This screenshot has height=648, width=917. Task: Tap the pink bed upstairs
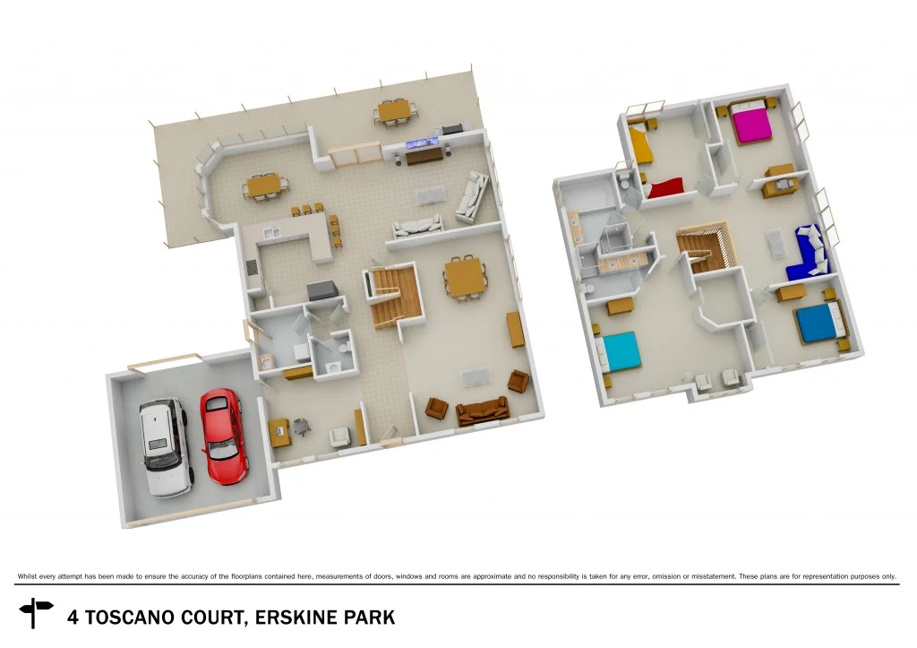coord(750,123)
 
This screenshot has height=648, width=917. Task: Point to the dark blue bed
coord(818,323)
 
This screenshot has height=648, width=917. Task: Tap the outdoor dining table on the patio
coord(395,111)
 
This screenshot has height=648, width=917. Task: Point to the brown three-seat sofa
coord(483,411)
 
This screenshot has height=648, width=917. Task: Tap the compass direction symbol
coord(37,613)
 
